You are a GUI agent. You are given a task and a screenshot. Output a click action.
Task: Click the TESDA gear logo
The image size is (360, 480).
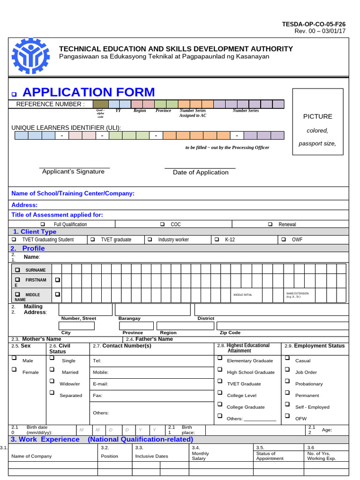point(30,58)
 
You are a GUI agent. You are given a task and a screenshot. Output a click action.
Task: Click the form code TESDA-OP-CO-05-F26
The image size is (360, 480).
point(314,24)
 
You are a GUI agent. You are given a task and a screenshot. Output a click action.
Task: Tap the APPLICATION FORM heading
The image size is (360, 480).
point(89,92)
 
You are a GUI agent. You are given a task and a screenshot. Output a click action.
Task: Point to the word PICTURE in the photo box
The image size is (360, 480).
point(317,116)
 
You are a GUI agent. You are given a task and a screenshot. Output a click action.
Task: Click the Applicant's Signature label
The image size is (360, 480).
point(73,172)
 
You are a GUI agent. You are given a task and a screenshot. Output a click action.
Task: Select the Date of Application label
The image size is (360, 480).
point(201,172)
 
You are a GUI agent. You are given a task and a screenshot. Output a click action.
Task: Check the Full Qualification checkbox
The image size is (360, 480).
point(43,225)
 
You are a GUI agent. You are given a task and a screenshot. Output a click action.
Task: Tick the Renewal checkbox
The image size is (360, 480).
point(270,225)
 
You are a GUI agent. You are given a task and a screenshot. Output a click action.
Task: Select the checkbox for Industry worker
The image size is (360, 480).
point(150,240)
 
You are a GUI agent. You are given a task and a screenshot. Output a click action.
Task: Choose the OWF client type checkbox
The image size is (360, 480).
point(284,240)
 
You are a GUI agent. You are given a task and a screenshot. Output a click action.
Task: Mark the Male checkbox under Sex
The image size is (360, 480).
point(14,358)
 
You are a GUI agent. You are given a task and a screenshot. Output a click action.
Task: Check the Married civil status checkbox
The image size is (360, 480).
point(52,370)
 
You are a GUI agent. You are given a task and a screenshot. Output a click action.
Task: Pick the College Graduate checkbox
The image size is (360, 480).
point(220,404)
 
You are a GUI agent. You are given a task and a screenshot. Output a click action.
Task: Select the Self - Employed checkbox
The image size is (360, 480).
point(287,404)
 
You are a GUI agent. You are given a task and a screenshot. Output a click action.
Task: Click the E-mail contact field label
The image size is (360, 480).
point(100,384)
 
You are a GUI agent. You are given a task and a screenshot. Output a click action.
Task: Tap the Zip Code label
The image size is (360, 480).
point(230,332)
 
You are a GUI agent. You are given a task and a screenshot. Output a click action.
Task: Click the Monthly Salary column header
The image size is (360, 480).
point(200,456)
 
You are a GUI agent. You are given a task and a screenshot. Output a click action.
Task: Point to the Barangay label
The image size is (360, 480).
point(129,318)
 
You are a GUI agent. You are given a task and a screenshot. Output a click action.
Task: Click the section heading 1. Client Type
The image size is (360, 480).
point(35,232)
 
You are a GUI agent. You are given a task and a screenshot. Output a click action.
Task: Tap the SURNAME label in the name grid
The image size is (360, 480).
point(36,270)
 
